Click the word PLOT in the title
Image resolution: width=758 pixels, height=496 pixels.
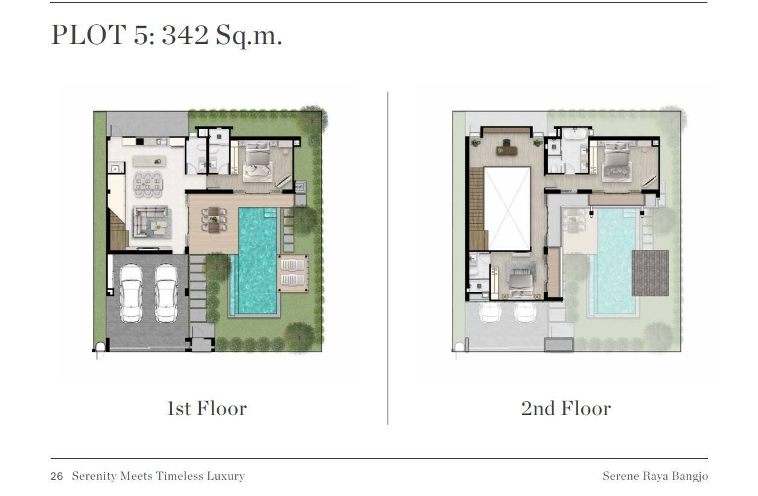pyautogui.click(x=89, y=34)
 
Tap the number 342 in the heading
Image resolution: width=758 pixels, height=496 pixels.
pyautogui.click(x=185, y=35)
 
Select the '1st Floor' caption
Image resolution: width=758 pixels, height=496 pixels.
pyautogui.click(x=207, y=408)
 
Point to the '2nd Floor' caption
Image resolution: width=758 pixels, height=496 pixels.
pyautogui.click(x=566, y=408)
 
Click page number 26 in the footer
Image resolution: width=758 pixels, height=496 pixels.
pyautogui.click(x=57, y=476)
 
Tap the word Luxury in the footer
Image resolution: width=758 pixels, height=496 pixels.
pyautogui.click(x=226, y=476)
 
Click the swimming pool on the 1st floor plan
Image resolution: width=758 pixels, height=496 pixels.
pyautogui.click(x=255, y=261)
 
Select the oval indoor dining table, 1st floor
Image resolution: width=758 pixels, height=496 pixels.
pyautogui.click(x=148, y=184)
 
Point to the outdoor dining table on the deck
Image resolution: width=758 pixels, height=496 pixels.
pyautogui.click(x=214, y=220)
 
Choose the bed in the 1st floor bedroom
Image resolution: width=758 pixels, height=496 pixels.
pyautogui.click(x=258, y=161)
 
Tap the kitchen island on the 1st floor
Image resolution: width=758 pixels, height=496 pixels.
pyautogui.click(x=149, y=161)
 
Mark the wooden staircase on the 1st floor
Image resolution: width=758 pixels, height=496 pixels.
pyautogui.click(x=118, y=229)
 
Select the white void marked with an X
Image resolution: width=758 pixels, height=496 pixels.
pyautogui.click(x=507, y=209)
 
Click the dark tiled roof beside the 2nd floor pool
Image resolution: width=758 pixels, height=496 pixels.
pyautogui.click(x=650, y=273)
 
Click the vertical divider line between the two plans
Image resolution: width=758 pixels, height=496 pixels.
pyautogui.click(x=388, y=258)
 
